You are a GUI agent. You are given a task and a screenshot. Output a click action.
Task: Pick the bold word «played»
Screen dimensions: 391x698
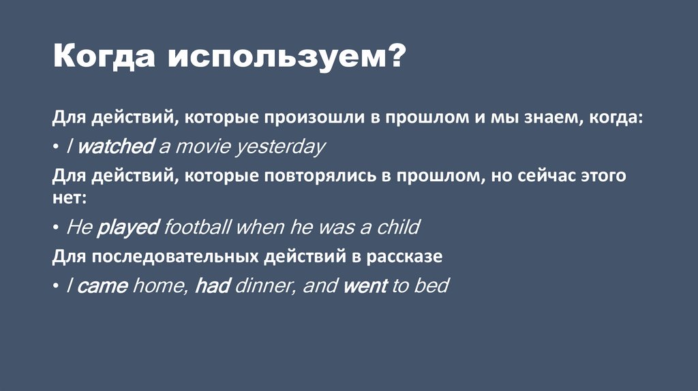pyautogui.click(x=128, y=227)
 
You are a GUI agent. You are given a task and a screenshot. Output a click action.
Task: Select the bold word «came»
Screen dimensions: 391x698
pyautogui.click(x=102, y=285)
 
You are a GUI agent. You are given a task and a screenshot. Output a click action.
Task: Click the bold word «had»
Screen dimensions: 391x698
pyautogui.click(x=211, y=285)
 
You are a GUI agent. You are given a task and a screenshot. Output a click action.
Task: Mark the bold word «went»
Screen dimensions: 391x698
pyautogui.click(x=365, y=285)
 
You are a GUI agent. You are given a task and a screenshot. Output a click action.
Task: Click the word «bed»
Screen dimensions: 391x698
pyautogui.click(x=431, y=285)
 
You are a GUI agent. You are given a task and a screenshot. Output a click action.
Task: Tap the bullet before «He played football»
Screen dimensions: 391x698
pyautogui.click(x=56, y=228)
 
